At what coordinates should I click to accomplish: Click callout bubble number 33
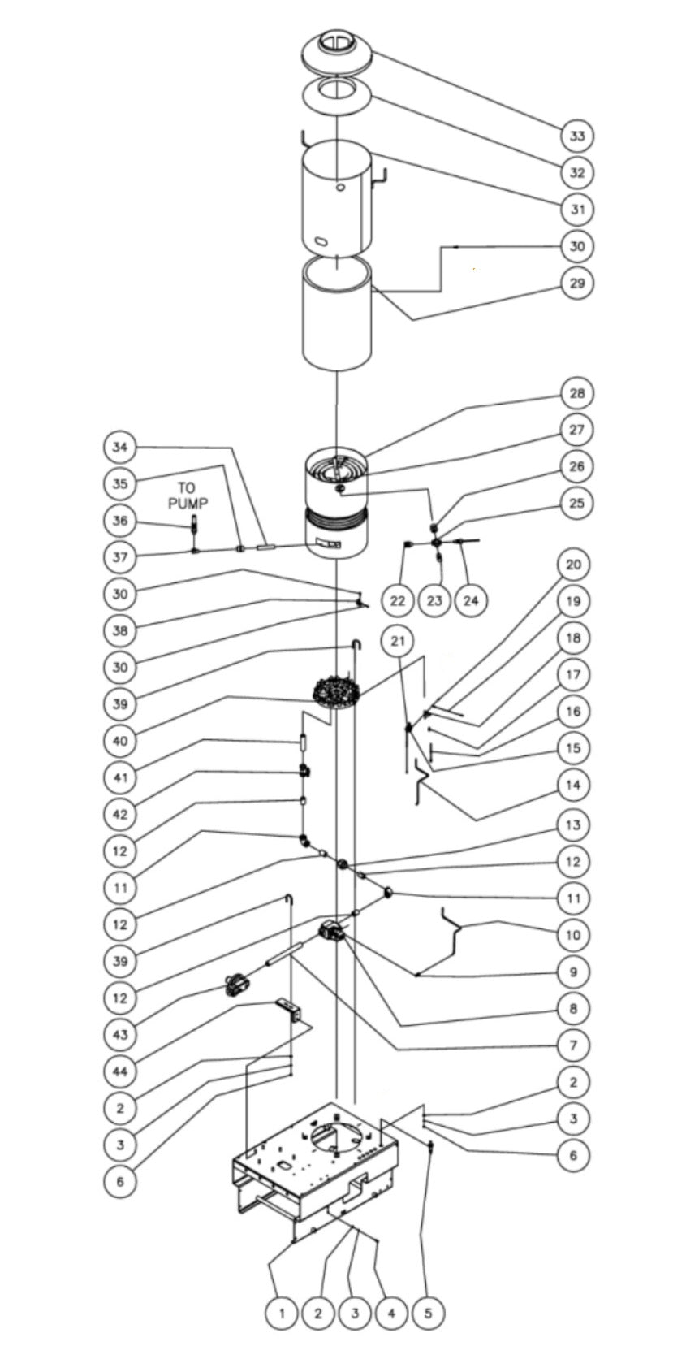tap(576, 136)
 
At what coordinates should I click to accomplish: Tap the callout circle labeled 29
tap(576, 283)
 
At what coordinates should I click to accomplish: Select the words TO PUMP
tap(188, 496)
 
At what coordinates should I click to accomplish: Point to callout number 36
tap(120, 521)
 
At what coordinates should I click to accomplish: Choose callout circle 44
tap(120, 1071)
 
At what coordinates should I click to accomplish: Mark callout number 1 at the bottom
tap(282, 1312)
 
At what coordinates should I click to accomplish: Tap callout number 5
tap(428, 1312)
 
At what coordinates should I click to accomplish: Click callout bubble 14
tap(573, 785)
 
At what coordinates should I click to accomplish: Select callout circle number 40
tap(120, 740)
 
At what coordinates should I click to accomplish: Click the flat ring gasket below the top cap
tap(338, 96)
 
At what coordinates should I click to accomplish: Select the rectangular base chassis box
tap(317, 1162)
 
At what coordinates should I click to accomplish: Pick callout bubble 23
tap(434, 601)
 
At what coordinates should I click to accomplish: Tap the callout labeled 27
tap(576, 430)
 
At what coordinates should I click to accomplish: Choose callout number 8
tap(573, 1008)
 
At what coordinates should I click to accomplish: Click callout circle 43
tap(120, 1034)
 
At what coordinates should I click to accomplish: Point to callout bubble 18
tap(573, 638)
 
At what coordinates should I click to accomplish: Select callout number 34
tap(120, 447)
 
